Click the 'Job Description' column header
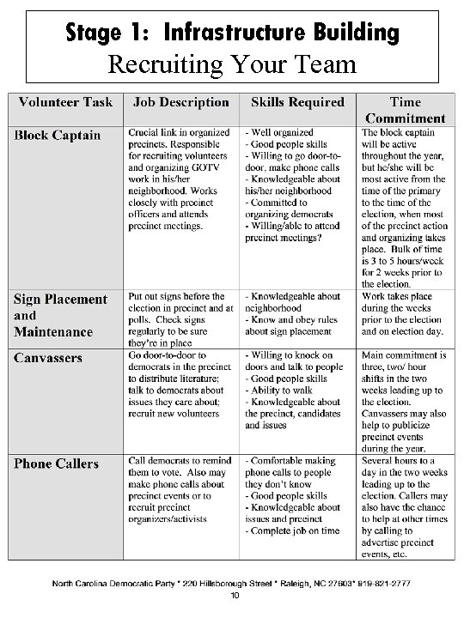(x=181, y=102)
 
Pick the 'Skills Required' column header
(x=297, y=102)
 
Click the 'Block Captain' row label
(x=57, y=135)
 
